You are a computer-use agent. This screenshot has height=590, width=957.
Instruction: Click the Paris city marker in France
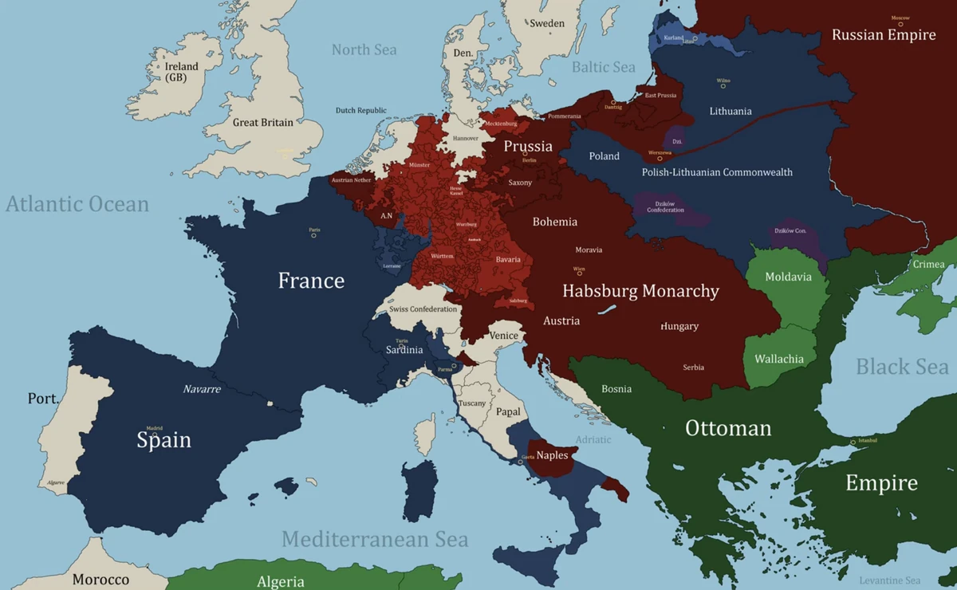point(313,235)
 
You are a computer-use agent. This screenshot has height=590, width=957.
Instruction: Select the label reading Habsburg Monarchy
point(640,291)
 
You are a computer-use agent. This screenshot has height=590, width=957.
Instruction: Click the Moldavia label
point(788,277)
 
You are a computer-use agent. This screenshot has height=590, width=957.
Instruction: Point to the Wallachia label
point(779,359)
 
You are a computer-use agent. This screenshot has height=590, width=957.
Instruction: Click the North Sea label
point(364,49)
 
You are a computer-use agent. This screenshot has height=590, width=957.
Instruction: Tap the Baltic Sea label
point(603,67)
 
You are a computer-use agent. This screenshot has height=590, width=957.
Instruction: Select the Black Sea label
point(902,367)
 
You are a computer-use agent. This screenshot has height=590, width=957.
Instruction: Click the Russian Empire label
point(884,35)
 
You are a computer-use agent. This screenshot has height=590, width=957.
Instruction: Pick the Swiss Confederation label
point(423,309)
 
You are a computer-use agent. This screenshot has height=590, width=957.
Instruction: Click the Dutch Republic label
point(360,111)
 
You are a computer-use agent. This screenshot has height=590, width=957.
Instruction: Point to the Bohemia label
point(555,222)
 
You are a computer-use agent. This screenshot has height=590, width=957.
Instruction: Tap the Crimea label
point(928,264)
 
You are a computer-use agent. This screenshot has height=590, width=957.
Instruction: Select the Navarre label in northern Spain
point(202,389)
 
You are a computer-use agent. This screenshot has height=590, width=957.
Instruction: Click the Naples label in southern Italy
point(552,455)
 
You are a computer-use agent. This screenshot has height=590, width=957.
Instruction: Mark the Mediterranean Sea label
point(375,539)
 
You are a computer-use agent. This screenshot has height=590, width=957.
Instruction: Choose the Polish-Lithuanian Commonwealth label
point(717,172)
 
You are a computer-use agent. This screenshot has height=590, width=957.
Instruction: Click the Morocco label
point(100,580)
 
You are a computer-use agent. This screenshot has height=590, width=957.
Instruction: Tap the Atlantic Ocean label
point(77,204)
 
